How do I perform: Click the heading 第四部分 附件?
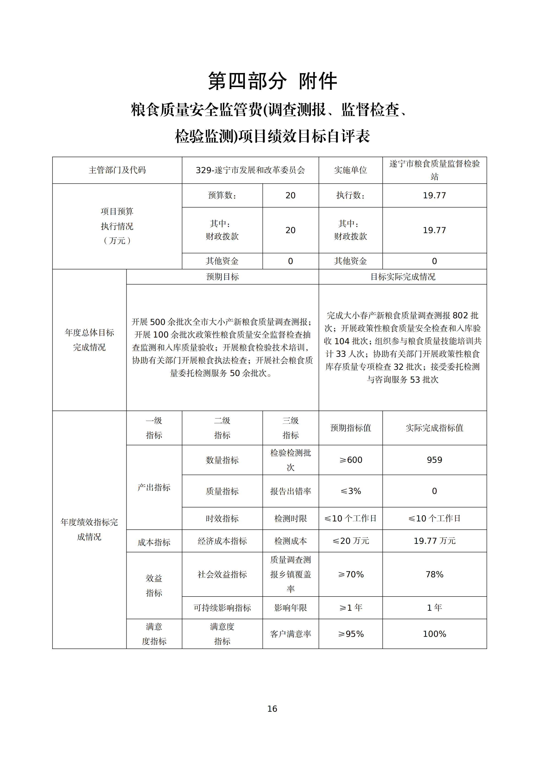pyautogui.click(x=272, y=81)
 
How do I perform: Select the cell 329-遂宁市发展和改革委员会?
pyautogui.click(x=250, y=170)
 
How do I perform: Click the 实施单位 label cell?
pyautogui.click(x=350, y=170)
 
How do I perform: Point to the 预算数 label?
pyautogui.click(x=222, y=195)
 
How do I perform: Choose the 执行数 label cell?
pyautogui.click(x=350, y=195)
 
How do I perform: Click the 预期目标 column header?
pyautogui.click(x=222, y=277)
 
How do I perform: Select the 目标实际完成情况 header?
pyautogui.click(x=402, y=277)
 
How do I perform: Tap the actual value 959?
pyautogui.click(x=434, y=460)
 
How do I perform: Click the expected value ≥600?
pyautogui.click(x=350, y=460)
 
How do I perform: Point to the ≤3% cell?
pyautogui.click(x=350, y=491)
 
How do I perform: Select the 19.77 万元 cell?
pyautogui.click(x=434, y=541)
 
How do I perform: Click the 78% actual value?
pyautogui.click(x=434, y=574)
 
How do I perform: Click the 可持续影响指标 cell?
pyautogui.click(x=222, y=608)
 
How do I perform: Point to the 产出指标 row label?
pyautogui.click(x=154, y=487)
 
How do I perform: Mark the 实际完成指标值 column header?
pyautogui.click(x=434, y=428)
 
